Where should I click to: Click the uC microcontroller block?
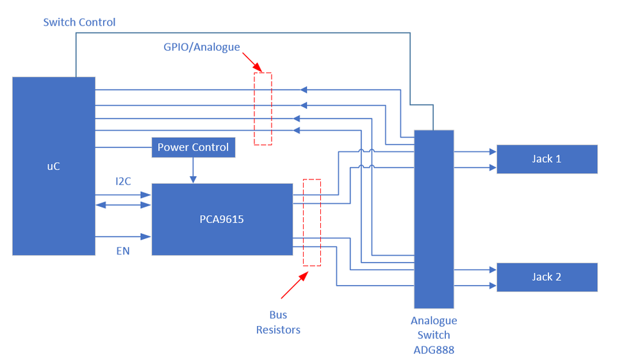[54, 166]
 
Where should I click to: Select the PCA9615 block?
[222, 219]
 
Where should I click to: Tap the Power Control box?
[193, 147]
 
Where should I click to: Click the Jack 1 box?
[546, 159]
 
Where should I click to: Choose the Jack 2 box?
[546, 277]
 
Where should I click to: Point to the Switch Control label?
[79, 22]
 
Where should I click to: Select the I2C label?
[123, 181]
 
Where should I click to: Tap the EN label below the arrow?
[122, 251]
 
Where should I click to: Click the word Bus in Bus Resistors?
[278, 315]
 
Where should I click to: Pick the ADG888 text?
[434, 350]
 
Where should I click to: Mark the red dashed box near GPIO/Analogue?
[263, 108]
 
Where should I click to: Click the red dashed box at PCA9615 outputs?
[311, 222]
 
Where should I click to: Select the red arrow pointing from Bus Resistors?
[293, 285]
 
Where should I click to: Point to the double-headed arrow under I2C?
[123, 205]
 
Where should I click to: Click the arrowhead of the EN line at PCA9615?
[147, 237]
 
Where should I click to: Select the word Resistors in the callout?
[278, 330]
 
